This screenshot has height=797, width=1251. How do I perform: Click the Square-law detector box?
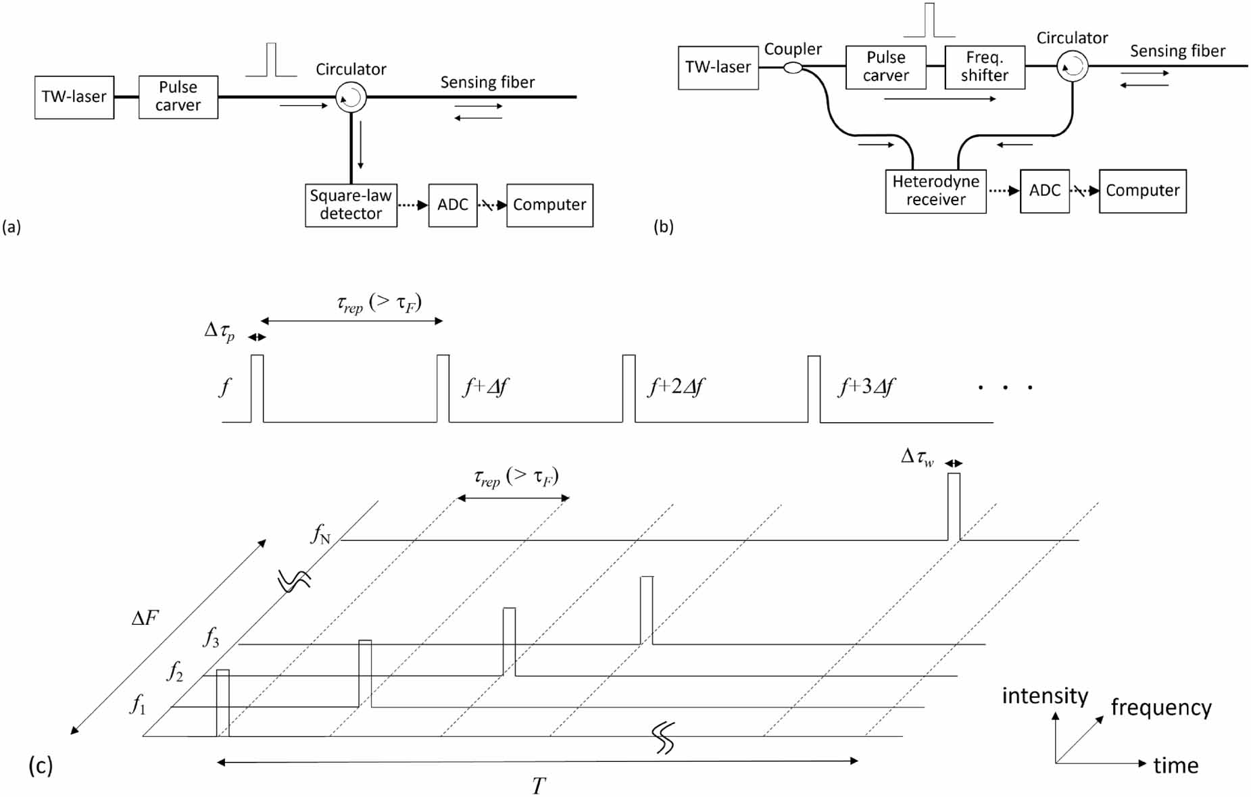pos(351,205)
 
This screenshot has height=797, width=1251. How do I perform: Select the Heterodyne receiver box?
pos(935,191)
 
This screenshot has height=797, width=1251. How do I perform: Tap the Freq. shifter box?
pos(984,67)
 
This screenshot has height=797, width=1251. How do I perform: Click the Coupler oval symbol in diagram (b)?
pos(793,68)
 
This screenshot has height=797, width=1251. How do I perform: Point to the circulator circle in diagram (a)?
pos(351,98)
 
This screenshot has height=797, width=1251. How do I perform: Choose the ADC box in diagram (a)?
pos(452,205)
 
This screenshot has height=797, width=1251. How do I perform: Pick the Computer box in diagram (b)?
pos(1142,191)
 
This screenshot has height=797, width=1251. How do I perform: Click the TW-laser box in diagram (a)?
pos(74,97)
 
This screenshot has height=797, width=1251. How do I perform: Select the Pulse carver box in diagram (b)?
pos(885,67)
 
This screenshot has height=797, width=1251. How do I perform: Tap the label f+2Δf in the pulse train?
pos(676,386)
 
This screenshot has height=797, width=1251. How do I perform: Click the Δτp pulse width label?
pos(220,331)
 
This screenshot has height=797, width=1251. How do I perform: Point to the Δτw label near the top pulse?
pos(917,457)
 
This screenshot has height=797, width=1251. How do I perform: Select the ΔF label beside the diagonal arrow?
pos(145,618)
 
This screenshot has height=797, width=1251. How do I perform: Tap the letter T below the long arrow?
pos(538,786)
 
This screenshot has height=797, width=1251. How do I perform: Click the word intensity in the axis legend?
pos(1044,696)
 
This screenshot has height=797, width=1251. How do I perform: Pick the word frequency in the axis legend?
pos(1160,707)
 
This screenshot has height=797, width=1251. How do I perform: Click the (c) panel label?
pos(40,765)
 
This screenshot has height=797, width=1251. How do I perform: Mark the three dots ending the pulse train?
pos(1005,388)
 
